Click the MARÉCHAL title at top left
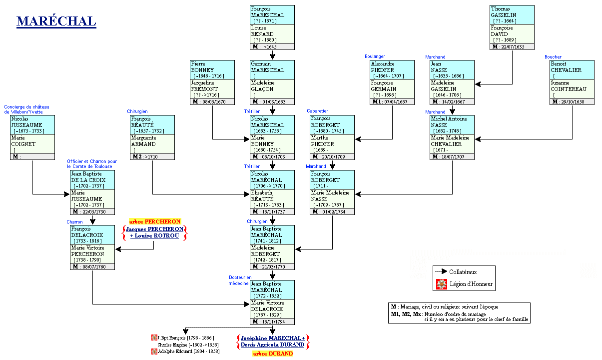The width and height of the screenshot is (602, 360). coord(56,21)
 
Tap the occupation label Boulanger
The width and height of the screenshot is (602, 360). coord(375,56)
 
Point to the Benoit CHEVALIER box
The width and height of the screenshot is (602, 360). coord(572,82)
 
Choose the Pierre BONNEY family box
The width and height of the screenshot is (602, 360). coord(212,82)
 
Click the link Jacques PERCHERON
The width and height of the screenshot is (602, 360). coord(154,228)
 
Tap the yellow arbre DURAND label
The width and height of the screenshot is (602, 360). coord(272,353)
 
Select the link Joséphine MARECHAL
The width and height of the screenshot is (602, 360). coord(272,338)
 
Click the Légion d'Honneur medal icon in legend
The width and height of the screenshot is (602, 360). coord(441,284)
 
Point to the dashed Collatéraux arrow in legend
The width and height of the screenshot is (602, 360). coord(441,271)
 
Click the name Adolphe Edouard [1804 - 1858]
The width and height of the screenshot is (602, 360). coord(188,351)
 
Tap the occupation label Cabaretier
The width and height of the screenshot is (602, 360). coord(318,111)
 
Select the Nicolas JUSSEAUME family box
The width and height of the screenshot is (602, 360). coord(32,137)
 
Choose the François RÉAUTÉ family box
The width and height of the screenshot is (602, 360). coord(152,137)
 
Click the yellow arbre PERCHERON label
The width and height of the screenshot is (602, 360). coord(154,221)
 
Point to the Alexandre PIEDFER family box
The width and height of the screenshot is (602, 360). coord(392,82)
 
